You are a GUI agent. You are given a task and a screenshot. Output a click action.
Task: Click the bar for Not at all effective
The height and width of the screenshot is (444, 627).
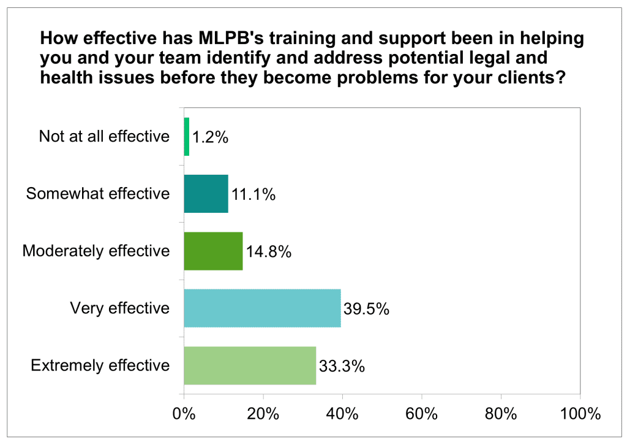point(187,136)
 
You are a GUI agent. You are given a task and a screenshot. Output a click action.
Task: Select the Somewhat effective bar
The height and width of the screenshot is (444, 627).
point(206,194)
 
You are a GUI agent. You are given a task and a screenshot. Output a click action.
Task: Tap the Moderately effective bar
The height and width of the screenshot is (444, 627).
point(214,251)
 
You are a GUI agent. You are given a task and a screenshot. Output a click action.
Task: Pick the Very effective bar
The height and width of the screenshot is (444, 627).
point(263,308)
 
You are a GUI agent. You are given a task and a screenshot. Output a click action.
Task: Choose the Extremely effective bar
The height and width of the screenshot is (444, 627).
point(250,366)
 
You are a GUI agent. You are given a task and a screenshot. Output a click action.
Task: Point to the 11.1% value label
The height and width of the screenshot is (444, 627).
point(253,196)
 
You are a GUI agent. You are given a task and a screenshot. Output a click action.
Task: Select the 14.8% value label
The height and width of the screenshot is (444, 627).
point(268,253)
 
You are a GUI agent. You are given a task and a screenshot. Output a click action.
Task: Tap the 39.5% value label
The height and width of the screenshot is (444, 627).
point(366,310)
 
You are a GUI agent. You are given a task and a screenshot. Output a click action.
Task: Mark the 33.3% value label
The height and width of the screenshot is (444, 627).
point(342,367)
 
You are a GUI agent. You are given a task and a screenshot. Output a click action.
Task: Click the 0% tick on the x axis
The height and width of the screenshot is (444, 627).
point(184,413)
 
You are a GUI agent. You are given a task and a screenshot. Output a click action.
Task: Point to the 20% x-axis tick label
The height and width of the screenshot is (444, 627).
point(263,413)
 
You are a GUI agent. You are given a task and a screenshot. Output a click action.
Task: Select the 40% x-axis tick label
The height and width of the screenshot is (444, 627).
point(342,413)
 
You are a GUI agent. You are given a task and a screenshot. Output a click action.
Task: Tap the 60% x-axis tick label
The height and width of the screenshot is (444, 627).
point(422,413)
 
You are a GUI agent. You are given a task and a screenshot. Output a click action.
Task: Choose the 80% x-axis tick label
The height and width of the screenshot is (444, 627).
point(501,413)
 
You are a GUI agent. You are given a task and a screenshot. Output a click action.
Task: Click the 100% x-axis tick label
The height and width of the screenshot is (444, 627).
point(579,413)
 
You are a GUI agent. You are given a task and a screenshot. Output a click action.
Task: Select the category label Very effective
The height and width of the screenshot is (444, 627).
point(120,308)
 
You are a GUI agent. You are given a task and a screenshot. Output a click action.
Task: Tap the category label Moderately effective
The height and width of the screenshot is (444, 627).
point(96,251)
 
